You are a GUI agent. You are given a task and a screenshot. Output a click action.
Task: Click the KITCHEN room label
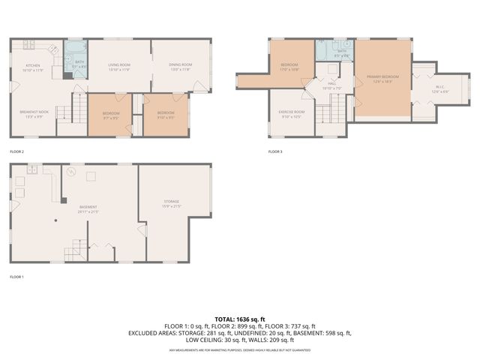pyautogui.click(x=33, y=66)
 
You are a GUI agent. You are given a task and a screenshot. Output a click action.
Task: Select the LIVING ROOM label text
pyautogui.click(x=120, y=66)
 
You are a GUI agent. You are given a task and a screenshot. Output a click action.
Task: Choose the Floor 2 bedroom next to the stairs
pyautogui.click(x=111, y=114)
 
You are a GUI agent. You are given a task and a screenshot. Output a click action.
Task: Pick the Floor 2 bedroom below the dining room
pyautogui.click(x=165, y=114)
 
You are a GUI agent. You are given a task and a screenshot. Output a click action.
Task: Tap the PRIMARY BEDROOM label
pyautogui.click(x=383, y=77)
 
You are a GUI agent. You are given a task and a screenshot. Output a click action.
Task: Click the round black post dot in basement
pyautogui.click(x=56, y=220)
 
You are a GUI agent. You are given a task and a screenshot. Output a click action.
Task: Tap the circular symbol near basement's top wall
pyautogui.click(x=71, y=172)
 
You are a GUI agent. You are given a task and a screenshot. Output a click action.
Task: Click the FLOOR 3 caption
pyautogui.click(x=275, y=152)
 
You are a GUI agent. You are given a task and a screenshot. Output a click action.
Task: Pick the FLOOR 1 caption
pyautogui.click(x=17, y=277)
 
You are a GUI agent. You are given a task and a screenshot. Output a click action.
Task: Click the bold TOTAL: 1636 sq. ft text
pyautogui.click(x=240, y=319)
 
